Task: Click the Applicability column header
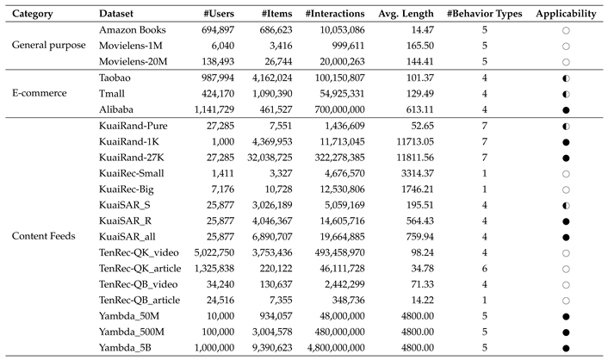pyautogui.click(x=564, y=14)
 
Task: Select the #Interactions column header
pyautogui.click(x=336, y=14)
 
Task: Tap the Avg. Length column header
pyautogui.click(x=406, y=14)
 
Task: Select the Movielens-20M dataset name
pyautogui.click(x=133, y=62)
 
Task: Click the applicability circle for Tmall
pyautogui.click(x=565, y=94)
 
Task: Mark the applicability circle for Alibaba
pyautogui.click(x=565, y=109)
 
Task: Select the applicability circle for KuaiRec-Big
pyautogui.click(x=565, y=188)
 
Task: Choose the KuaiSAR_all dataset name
pyautogui.click(x=127, y=235)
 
